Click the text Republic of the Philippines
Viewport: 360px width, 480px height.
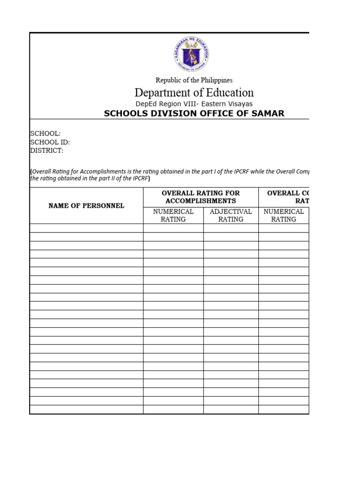pos(194,80)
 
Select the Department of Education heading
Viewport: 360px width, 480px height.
pos(194,92)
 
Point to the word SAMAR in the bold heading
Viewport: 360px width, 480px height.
pos(269,114)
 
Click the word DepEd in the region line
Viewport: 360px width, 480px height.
pos(146,104)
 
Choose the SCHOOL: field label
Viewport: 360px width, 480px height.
pos(45,134)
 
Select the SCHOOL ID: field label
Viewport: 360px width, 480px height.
pos(50,142)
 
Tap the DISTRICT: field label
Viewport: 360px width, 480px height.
pos(47,150)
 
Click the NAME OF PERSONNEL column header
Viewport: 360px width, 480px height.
pos(86,206)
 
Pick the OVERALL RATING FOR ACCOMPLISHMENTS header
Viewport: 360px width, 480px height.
pos(200,197)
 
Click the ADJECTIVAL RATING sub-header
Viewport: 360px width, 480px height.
pos(231,215)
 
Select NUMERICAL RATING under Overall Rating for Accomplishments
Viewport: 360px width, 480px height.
pos(173,215)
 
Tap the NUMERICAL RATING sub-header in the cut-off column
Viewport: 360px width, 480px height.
pos(284,215)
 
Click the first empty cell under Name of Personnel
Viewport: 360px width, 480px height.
pos(86,228)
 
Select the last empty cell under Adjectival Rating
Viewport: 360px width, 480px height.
pos(231,409)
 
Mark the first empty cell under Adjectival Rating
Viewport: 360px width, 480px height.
pos(231,228)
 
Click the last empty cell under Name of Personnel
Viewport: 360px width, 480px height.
pos(86,409)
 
